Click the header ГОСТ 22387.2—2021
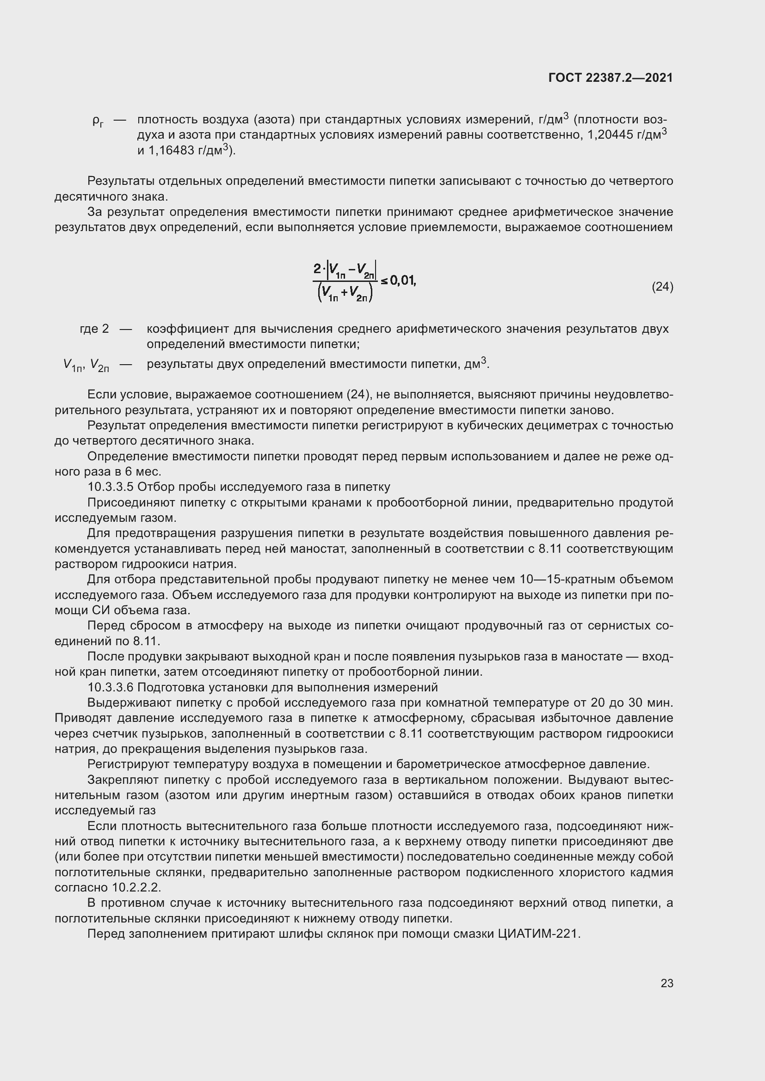611,78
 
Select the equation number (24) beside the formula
662,287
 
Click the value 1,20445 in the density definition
610,135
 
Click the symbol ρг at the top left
98,121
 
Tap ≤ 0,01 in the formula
399,281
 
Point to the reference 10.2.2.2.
136,887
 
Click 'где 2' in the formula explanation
94,329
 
